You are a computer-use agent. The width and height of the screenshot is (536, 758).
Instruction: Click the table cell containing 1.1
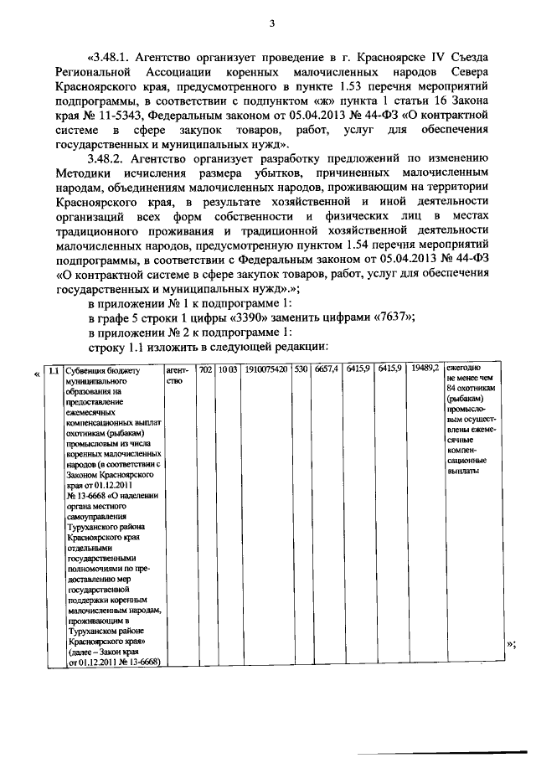coord(53,369)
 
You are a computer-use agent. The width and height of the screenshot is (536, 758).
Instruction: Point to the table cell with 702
coord(204,369)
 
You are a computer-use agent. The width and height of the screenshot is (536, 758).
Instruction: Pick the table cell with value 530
coord(301,369)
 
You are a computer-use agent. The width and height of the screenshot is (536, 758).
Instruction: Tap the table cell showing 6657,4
coord(326,369)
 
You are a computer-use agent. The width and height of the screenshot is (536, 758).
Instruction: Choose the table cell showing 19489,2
coord(425,369)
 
